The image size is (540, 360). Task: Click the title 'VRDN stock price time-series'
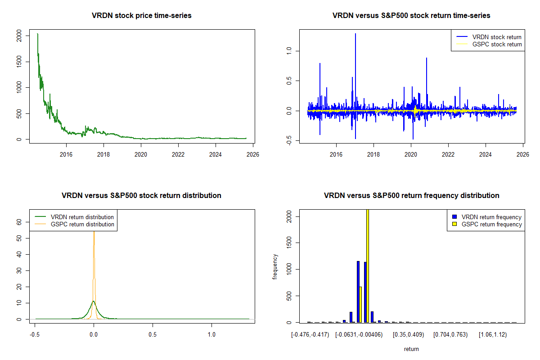pyautogui.click(x=142, y=16)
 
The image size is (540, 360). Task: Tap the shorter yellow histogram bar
pyautogui.click(x=360, y=304)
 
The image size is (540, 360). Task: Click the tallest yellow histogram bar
pyautogui.click(x=368, y=265)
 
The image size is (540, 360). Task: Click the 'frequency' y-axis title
pyautogui.click(x=275, y=266)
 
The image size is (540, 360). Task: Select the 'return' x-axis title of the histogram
pyautogui.click(x=411, y=349)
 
